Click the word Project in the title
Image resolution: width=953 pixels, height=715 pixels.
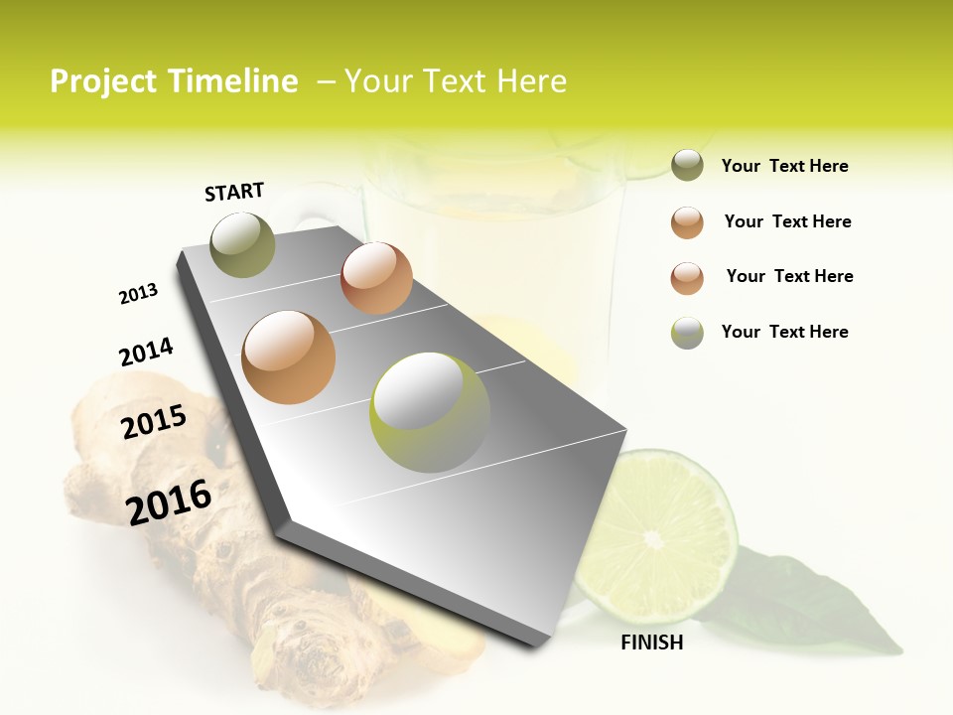click(104, 81)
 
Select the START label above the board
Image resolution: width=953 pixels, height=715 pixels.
click(234, 192)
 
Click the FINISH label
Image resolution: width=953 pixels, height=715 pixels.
click(652, 643)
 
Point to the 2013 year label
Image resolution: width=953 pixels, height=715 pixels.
click(138, 294)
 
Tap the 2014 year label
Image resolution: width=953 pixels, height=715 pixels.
click(146, 352)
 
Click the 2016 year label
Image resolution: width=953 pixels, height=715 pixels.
click(169, 502)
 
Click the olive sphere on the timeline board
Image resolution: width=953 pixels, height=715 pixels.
click(242, 244)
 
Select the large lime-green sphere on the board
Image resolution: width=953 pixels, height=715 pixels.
click(429, 412)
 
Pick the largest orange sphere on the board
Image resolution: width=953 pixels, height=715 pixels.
click(288, 357)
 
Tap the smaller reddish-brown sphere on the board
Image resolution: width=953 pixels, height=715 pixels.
click(376, 278)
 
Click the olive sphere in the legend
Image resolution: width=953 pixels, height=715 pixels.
click(687, 165)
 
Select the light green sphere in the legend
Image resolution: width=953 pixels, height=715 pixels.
click(687, 333)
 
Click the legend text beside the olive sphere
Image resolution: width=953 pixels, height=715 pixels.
click(784, 166)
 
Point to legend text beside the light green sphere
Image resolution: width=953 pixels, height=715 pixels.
click(784, 332)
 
